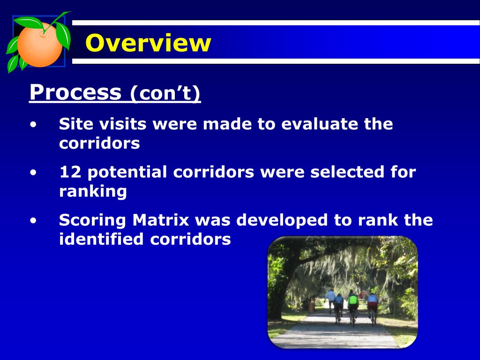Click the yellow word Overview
pos(148,43)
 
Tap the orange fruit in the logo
pos(40,45)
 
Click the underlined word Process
pos(75,92)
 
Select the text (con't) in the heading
pos(165,93)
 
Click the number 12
pos(70,172)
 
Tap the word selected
pos(347,172)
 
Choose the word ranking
pos(93,192)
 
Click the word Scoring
pos(92,221)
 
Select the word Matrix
pos(161,220)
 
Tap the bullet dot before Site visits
pos(33,125)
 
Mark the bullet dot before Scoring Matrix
pos(33,221)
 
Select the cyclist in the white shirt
pos(330,300)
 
